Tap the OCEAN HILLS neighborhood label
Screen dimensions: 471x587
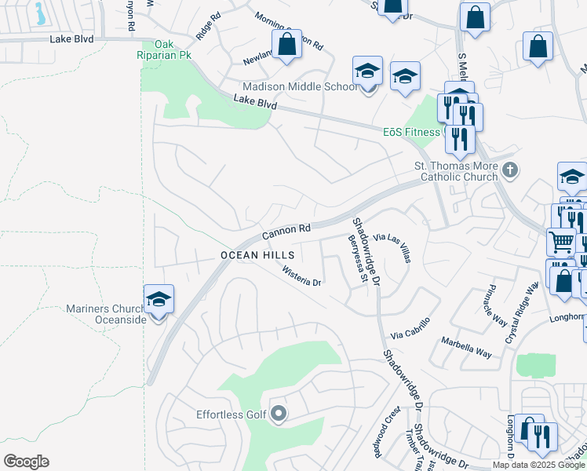coord(257,256)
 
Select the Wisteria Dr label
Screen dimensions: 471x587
coord(302,276)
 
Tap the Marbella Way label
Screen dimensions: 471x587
coord(466,348)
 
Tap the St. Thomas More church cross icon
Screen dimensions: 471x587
coord(511,169)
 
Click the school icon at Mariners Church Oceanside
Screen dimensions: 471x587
coord(159,300)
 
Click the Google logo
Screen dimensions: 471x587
coord(26,462)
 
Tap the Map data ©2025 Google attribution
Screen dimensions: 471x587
coord(538,465)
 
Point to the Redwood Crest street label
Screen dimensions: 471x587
coord(392,425)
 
